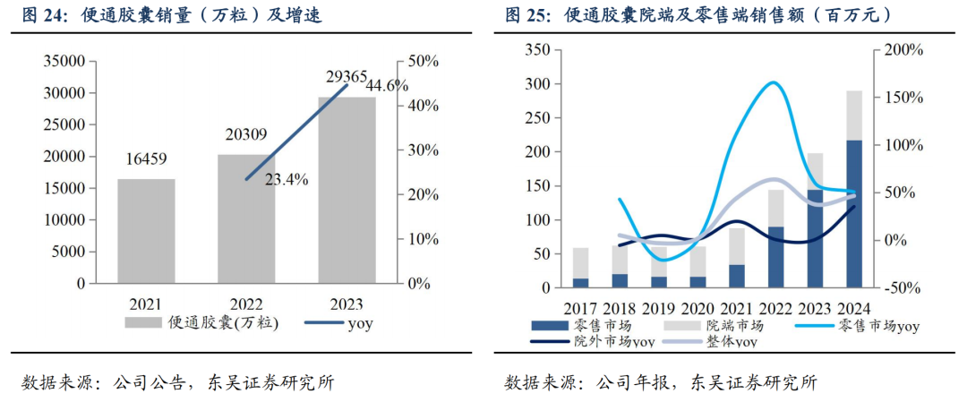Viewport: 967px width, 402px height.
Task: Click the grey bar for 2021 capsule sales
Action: click(146, 230)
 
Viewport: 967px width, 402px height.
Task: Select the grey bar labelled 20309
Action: click(246, 218)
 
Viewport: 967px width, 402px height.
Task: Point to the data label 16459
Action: click(146, 159)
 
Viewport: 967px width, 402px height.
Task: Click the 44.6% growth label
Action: click(387, 86)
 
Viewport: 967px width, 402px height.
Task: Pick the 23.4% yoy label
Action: click(287, 179)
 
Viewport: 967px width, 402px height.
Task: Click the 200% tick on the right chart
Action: click(902, 50)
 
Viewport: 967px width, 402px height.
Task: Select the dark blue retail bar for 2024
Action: click(855, 215)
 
